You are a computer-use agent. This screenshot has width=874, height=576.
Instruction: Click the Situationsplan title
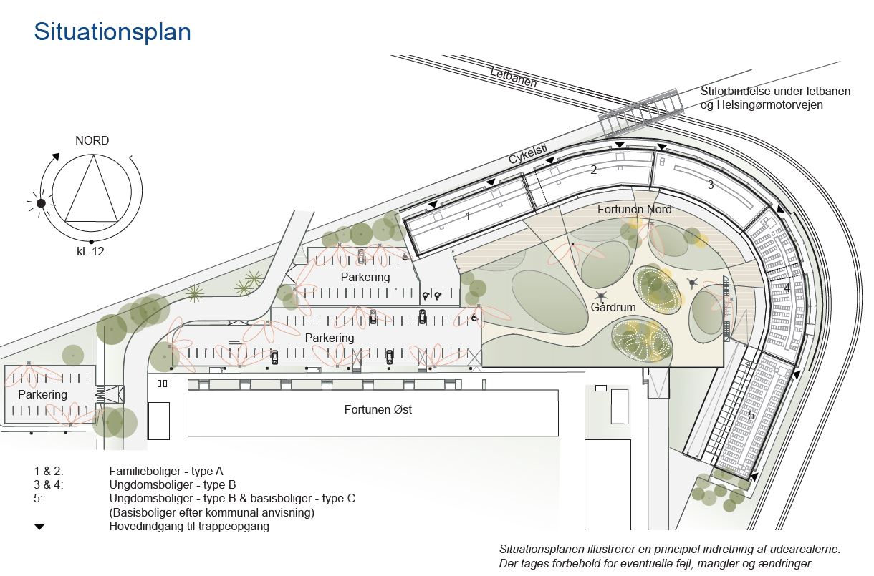pyautogui.click(x=112, y=32)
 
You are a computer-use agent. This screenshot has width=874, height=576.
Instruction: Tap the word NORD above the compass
pyautogui.click(x=92, y=141)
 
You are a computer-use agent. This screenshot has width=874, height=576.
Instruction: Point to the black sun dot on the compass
pyautogui.click(x=41, y=203)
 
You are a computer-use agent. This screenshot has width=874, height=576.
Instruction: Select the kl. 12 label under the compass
pyautogui.click(x=90, y=252)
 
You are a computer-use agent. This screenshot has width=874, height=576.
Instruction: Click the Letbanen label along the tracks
pyautogui.click(x=514, y=77)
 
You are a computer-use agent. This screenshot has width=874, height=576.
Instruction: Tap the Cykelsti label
pyautogui.click(x=528, y=154)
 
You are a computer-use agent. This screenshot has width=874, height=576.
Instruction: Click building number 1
pyautogui.click(x=469, y=216)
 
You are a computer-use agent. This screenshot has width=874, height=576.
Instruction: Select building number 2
pyautogui.click(x=593, y=170)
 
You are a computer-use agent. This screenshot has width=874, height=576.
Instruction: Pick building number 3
pyautogui.click(x=711, y=185)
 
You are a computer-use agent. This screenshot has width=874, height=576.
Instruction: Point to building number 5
pyautogui.click(x=751, y=416)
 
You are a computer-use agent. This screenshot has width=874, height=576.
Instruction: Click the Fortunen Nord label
pyautogui.click(x=635, y=209)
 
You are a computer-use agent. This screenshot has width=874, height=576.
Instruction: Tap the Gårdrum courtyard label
pyautogui.click(x=613, y=307)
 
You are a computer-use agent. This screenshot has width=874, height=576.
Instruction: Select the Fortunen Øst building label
pyautogui.click(x=378, y=409)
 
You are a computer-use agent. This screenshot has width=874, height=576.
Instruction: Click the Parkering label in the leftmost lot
pyautogui.click(x=42, y=394)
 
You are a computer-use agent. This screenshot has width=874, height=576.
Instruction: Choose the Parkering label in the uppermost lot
pyautogui.click(x=365, y=277)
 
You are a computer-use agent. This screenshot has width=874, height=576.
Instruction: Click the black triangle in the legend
pyautogui.click(x=39, y=527)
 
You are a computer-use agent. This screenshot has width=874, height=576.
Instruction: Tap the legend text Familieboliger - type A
pyautogui.click(x=166, y=471)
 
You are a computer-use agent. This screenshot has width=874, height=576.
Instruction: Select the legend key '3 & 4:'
pyautogui.click(x=49, y=485)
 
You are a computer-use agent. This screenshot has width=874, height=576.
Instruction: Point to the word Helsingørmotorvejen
pyautogui.click(x=770, y=105)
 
